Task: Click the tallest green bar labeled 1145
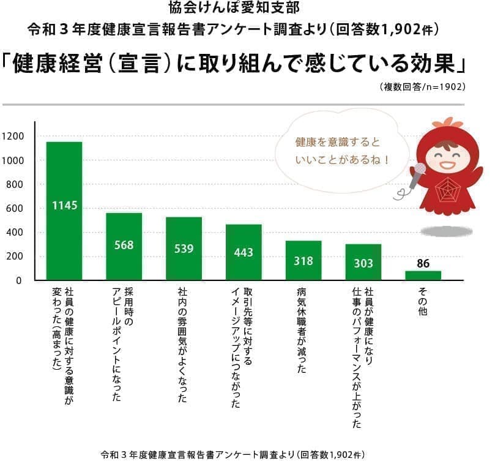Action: coord(64,211)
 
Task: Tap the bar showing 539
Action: coord(184,249)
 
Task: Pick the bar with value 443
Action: coord(244,252)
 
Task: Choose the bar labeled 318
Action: coord(303,260)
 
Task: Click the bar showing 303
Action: coord(363,262)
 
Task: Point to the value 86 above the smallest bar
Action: coord(423,264)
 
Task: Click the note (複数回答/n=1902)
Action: coord(422,87)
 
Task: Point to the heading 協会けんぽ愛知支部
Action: coord(247,9)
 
